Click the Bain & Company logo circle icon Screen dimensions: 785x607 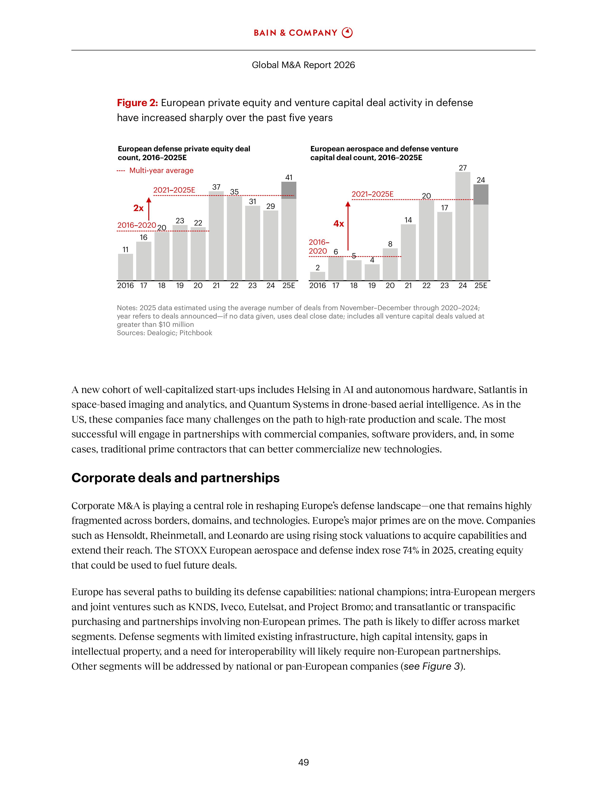347,33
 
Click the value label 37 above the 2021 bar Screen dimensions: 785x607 216,187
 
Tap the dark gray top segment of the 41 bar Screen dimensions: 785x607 289,190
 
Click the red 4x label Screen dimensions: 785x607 338,224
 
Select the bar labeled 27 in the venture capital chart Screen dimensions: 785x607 463,226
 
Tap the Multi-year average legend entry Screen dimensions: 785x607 161,170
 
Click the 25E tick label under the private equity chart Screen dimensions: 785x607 289,285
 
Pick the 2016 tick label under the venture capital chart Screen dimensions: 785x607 318,285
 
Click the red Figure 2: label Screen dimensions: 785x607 137,103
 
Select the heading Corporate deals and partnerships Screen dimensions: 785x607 175,478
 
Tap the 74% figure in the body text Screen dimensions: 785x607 408,550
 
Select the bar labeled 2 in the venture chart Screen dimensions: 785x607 318,276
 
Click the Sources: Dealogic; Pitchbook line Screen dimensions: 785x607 164,333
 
